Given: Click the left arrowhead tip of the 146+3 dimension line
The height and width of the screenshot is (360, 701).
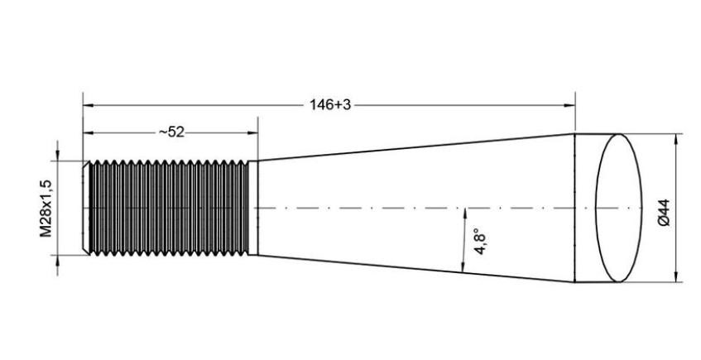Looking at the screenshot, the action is (83, 106).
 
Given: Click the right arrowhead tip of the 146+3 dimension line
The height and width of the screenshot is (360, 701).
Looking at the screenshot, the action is (575, 106).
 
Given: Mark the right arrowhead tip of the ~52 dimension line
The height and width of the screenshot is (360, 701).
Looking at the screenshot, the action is (258, 132).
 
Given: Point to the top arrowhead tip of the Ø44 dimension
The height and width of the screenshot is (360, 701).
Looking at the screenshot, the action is (675, 134).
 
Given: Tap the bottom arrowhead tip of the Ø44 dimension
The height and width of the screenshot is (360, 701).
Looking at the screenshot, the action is (675, 281).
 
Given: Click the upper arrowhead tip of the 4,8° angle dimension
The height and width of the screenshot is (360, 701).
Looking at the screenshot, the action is (465, 209).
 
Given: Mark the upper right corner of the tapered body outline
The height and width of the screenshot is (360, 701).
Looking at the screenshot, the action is (574, 134).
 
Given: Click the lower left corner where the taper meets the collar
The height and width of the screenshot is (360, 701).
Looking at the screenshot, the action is (258, 256).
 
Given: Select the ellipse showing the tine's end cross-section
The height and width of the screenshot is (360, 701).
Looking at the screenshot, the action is (619, 208).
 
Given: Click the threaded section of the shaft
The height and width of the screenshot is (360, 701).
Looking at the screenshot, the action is (169, 208).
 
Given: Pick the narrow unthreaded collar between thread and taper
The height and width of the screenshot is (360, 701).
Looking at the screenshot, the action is (253, 208).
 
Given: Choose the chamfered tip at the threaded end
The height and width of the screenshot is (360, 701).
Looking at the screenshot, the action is (86, 208).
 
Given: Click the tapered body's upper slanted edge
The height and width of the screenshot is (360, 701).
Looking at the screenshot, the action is (416, 147).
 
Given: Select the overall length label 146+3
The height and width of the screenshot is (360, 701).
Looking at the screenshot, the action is (330, 105).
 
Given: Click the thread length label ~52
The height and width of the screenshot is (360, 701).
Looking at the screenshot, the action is (171, 132).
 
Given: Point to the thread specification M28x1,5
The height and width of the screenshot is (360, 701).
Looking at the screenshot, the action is (46, 208).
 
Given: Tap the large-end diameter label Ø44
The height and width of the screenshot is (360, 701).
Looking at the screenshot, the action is (664, 213).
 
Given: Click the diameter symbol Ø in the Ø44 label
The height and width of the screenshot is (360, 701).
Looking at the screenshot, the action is (664, 222).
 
